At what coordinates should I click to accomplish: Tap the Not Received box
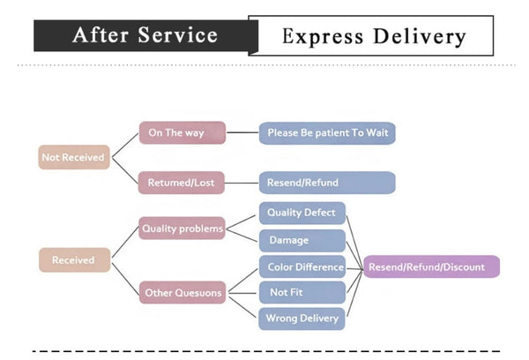click(x=73, y=158)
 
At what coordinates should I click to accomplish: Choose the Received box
click(x=73, y=260)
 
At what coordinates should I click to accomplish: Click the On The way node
click(x=183, y=133)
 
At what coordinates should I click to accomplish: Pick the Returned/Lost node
click(x=183, y=183)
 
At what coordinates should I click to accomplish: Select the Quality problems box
click(x=183, y=229)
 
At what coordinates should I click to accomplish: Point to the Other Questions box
click(x=183, y=293)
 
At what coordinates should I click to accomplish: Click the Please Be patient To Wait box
click(x=327, y=133)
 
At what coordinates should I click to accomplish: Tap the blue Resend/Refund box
click(x=327, y=183)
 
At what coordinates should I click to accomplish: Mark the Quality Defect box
click(x=302, y=213)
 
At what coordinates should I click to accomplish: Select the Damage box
click(x=302, y=240)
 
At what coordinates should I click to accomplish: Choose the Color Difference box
click(x=302, y=266)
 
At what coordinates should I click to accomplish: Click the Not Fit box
click(x=302, y=292)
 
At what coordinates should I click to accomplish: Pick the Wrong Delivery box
click(x=302, y=318)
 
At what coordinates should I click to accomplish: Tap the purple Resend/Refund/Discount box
click(x=431, y=266)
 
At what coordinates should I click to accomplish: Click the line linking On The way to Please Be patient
click(x=242, y=133)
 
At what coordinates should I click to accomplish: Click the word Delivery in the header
click(x=420, y=36)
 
